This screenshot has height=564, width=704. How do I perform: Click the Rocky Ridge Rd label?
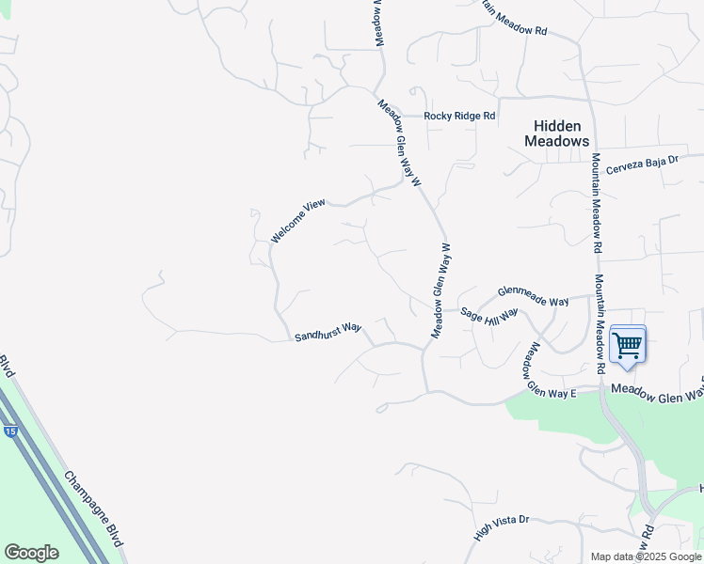click(x=459, y=116)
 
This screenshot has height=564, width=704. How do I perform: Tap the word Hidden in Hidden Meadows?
click(x=557, y=126)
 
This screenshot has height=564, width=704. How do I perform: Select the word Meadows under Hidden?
click(x=557, y=141)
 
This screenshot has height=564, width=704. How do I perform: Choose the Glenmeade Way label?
click(x=533, y=296)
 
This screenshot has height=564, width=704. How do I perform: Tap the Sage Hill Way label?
click(x=489, y=316)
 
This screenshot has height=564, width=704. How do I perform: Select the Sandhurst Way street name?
click(x=328, y=332)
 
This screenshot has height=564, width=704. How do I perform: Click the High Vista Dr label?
click(x=503, y=528)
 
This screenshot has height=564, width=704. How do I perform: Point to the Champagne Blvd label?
click(x=95, y=506)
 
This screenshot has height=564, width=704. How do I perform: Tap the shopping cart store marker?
click(x=627, y=344)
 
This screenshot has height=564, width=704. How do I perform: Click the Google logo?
click(x=31, y=553)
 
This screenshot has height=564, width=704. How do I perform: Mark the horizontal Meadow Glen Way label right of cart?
click(x=657, y=388)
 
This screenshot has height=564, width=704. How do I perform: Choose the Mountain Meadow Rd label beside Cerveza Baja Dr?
click(x=597, y=203)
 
